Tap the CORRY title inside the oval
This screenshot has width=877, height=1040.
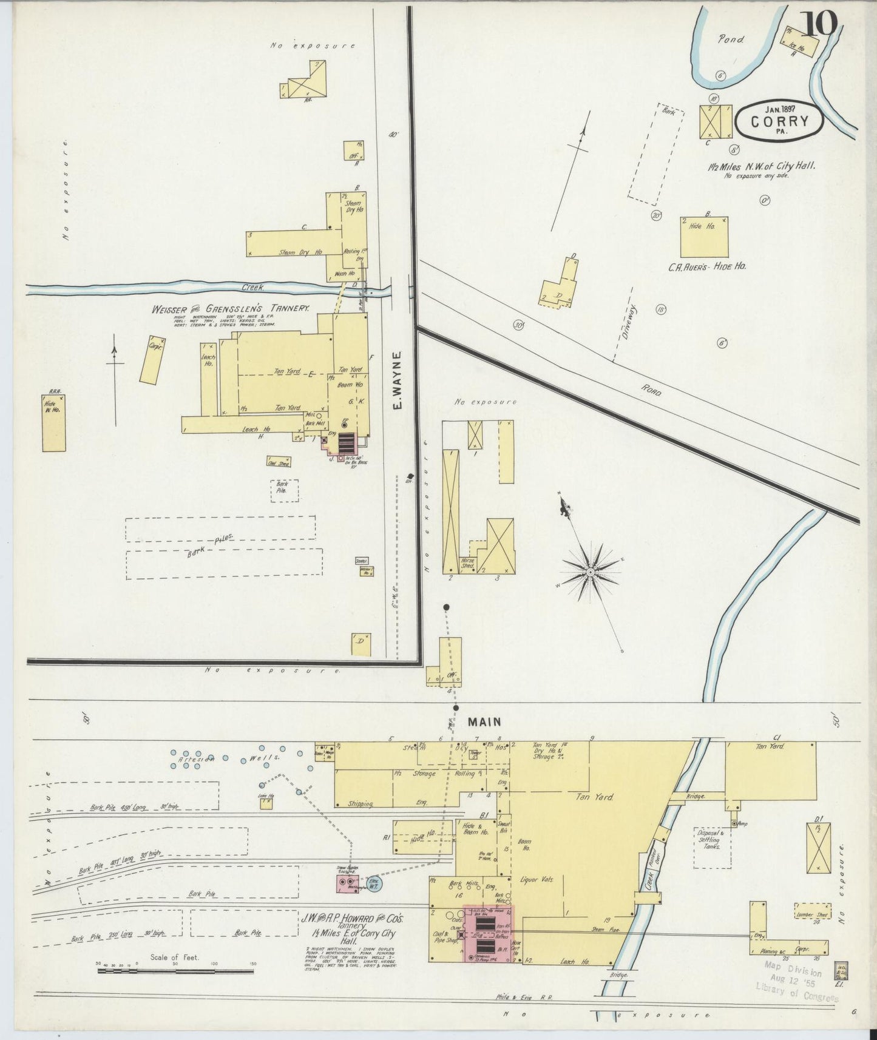pyautogui.click(x=780, y=121)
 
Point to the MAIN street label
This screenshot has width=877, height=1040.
pyautogui.click(x=484, y=721)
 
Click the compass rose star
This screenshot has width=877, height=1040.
pyautogui.click(x=589, y=572)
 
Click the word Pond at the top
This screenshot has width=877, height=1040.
pyautogui.click(x=731, y=39)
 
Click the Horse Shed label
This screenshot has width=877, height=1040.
pyautogui.click(x=467, y=562)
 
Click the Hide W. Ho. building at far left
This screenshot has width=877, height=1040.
pyautogui.click(x=53, y=423)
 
